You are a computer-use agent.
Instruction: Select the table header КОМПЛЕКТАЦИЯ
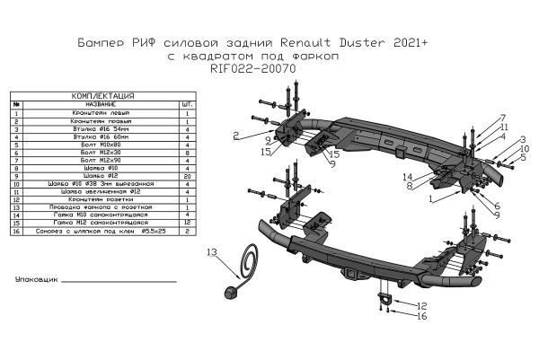coord(102,95)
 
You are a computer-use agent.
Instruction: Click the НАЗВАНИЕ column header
coord(100,104)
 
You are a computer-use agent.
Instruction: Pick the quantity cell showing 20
coord(186,176)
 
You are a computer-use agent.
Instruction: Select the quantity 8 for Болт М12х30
coord(186,152)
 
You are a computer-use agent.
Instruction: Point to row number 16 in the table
coord(17,231)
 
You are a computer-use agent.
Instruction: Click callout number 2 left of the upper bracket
coord(234,136)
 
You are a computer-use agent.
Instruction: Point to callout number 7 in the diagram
coord(503,118)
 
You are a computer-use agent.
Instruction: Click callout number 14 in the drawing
coord(407,176)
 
